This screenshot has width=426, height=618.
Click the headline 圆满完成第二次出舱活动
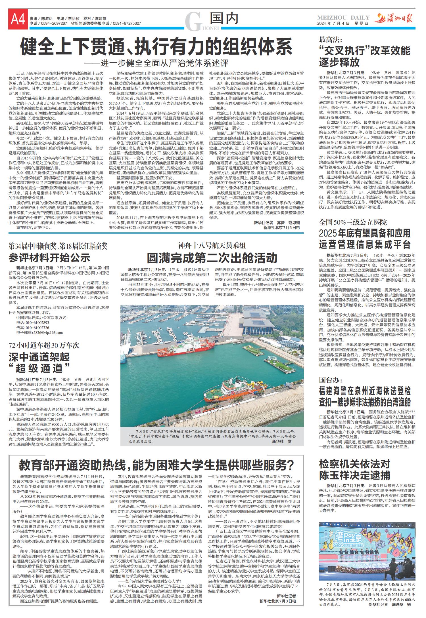(x=212, y=258)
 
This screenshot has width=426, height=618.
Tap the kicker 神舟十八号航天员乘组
(x=212, y=245)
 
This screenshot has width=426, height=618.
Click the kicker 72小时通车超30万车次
(x=44, y=345)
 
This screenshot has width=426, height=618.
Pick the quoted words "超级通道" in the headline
(x=39, y=368)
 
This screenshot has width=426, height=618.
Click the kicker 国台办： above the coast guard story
(x=331, y=380)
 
